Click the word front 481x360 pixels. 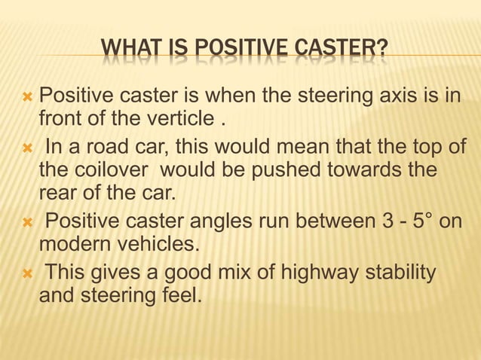(x=59, y=119)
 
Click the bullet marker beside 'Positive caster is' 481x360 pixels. (x=27, y=97)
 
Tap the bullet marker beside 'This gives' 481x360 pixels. (x=27, y=272)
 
